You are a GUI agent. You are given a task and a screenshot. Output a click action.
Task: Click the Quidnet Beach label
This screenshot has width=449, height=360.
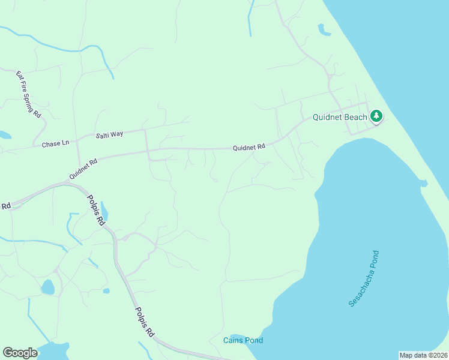point(340,117)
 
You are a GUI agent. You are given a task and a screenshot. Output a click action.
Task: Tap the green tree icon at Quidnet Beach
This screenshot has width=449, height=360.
point(376,116)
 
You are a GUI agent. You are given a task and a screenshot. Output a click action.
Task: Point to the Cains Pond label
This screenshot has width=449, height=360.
point(243,341)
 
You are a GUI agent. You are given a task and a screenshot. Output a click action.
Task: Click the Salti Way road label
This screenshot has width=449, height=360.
point(109,134)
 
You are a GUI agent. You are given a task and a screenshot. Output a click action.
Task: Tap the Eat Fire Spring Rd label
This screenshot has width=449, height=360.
point(28,94)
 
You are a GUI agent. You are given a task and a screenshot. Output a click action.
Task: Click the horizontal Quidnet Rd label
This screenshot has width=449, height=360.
point(249,147)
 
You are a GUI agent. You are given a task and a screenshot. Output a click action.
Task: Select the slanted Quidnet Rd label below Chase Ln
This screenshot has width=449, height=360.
point(83,169)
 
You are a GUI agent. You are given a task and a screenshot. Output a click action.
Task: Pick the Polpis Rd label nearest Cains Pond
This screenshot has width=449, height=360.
point(145,321)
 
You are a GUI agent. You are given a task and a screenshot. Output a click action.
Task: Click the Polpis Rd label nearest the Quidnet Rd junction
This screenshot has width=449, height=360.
point(96,209)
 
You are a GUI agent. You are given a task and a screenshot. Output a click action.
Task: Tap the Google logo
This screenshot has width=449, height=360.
point(20,353)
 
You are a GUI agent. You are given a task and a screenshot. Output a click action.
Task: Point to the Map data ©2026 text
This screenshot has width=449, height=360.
point(423,355)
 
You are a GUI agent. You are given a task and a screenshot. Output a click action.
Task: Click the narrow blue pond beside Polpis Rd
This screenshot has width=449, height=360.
point(104,211)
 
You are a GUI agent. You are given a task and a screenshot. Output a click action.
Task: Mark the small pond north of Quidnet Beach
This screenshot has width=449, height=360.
point(324,29)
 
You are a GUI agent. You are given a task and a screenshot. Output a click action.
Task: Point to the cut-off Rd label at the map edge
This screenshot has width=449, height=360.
point(6,206)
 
